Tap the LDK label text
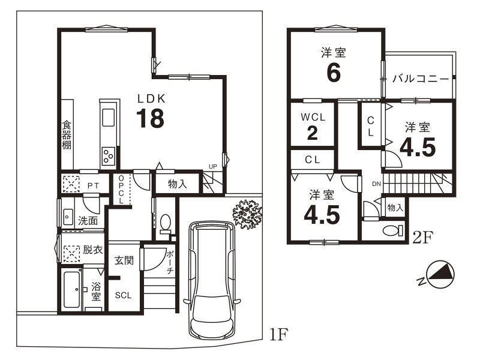pyautogui.click(x=152, y=98)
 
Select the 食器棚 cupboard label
pyautogui.click(x=67, y=134)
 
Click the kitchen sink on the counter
pyautogui.click(x=109, y=118)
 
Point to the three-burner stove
pyautogui.click(x=109, y=156)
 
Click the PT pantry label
pyautogui.click(x=93, y=186)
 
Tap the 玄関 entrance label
pyautogui.click(x=124, y=260)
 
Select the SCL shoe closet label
pyautogui.click(x=123, y=295)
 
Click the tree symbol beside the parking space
pyautogui.click(x=247, y=214)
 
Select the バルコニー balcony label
pyautogui.click(x=421, y=79)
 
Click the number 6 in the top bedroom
pyautogui.click(x=334, y=73)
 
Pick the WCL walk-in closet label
pyautogui.click(x=313, y=117)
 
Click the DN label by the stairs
pyautogui.click(x=377, y=184)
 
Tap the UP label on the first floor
pyautogui.click(x=213, y=167)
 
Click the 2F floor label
pyautogui.click(x=423, y=238)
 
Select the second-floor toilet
pyautogui.click(x=393, y=230)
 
